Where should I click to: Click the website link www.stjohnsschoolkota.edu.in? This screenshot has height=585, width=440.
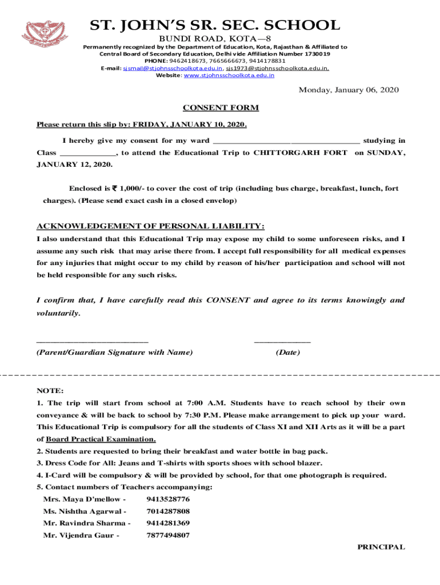[229, 75]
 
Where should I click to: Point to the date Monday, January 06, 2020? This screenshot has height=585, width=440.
[349, 90]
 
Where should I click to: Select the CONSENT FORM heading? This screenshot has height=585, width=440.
[221, 108]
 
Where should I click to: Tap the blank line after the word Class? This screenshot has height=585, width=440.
[87, 154]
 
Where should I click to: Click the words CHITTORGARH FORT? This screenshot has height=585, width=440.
[300, 153]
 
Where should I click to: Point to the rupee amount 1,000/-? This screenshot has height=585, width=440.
[125, 189]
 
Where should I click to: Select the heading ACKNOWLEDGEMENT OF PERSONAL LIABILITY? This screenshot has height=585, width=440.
[150, 226]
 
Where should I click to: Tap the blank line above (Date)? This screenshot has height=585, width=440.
[282, 341]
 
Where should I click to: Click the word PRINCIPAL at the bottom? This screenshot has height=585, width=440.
[381, 547]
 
